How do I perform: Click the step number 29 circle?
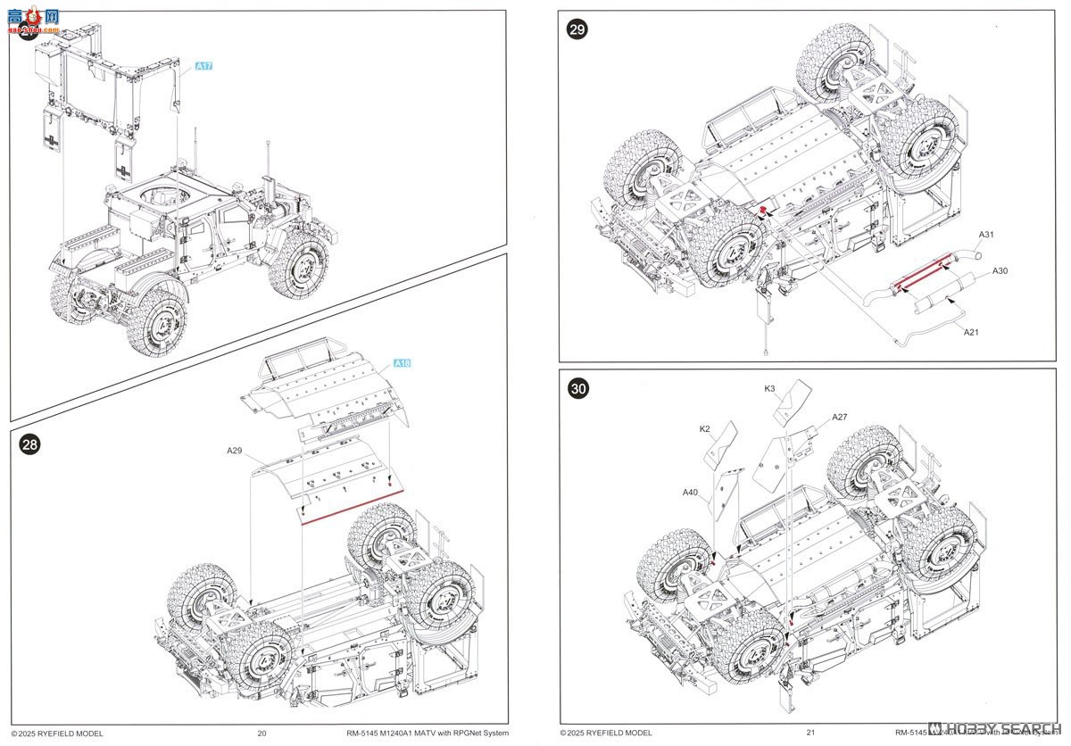pos(577,29)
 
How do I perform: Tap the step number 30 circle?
pos(579,389)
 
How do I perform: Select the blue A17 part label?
pos(204,66)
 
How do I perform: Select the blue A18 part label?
pos(403,364)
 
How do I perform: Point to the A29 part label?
pos(235,451)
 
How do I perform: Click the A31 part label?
pos(986,236)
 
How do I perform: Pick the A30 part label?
pos(1000,271)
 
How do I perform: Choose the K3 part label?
pos(769,388)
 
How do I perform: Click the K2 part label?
pos(704,429)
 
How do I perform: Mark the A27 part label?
pos(839,417)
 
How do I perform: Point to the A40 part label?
pos(690,492)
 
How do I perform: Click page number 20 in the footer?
pos(262,734)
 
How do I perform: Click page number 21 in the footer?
pos(810,734)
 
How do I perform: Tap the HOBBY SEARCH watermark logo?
pos(991,728)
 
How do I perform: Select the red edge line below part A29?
pos(353,509)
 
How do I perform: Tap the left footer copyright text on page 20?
pos(57,734)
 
